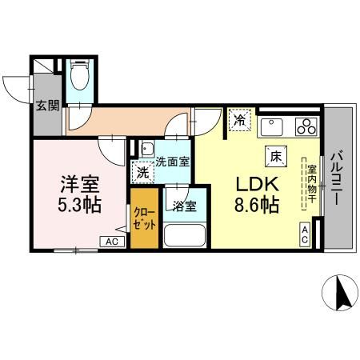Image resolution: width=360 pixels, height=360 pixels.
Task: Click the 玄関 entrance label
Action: [46, 106]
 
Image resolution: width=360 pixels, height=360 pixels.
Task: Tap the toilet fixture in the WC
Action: [79, 78]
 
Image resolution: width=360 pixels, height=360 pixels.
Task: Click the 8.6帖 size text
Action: [256, 206]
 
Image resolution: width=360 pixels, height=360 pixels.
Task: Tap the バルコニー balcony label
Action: [337, 178]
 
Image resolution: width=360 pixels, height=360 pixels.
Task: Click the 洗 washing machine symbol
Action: [142, 171]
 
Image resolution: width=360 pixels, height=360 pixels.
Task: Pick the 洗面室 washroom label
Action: [173, 161]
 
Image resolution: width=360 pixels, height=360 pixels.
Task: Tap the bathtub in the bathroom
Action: [185, 235]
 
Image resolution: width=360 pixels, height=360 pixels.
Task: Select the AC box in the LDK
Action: [306, 234]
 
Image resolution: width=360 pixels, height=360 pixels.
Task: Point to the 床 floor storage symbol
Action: [274, 157]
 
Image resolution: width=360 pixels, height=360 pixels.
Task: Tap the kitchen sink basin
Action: [272, 126]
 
